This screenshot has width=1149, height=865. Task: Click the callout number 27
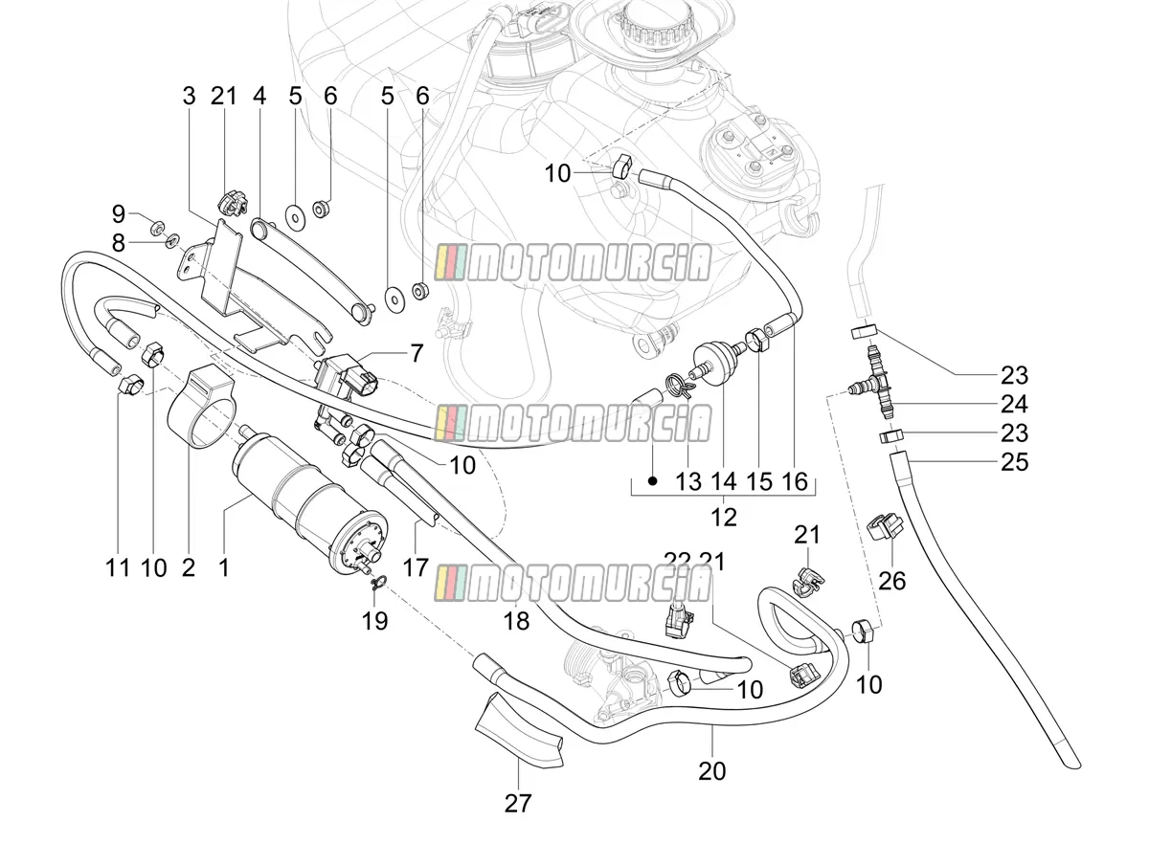[x=517, y=804]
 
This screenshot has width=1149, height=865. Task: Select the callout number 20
[x=712, y=771]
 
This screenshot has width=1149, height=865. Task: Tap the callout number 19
[x=374, y=621]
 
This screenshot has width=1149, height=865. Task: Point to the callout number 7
[x=417, y=353]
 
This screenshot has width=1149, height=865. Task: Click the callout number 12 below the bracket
[x=724, y=518]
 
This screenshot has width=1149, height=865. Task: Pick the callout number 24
[x=1014, y=404]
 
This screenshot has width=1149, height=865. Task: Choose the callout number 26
[x=892, y=581]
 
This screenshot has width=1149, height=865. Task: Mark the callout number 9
[x=119, y=214]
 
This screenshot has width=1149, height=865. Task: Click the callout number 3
[x=189, y=97]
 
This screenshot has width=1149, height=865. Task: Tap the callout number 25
[x=1014, y=462]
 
